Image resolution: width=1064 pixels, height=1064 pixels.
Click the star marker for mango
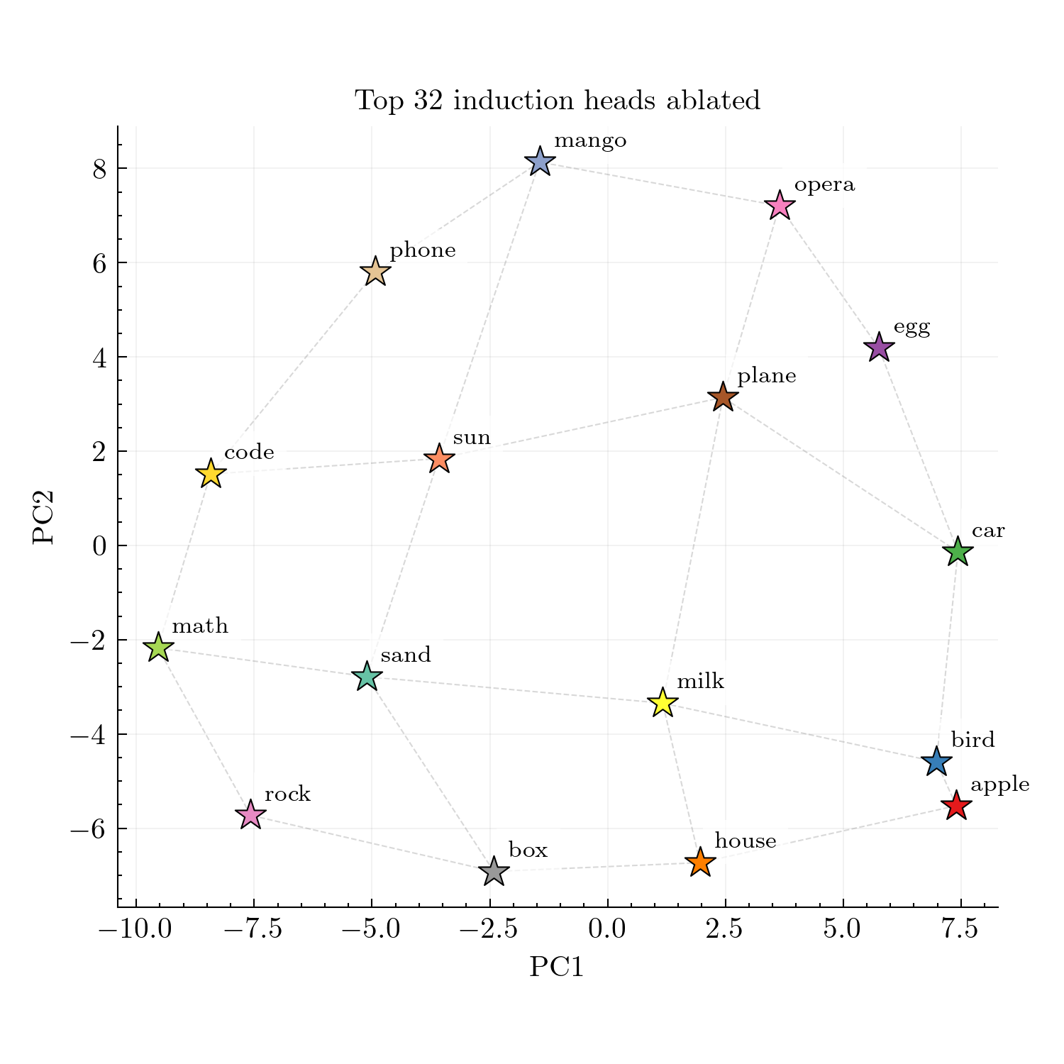click(x=540, y=162)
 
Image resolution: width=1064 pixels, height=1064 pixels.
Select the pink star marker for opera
click(x=780, y=206)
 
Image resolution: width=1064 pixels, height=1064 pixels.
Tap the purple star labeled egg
click(x=879, y=348)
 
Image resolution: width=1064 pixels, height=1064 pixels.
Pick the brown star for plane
click(x=723, y=397)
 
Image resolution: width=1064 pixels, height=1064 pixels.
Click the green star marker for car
click(x=958, y=552)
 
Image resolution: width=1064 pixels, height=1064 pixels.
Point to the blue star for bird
click(x=936, y=762)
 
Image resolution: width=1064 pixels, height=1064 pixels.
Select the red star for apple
click(x=956, y=806)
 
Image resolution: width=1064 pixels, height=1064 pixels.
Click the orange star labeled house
click(x=700, y=863)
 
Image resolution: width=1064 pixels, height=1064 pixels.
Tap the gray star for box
click(x=494, y=871)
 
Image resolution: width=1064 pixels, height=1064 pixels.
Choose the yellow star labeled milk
click(x=663, y=703)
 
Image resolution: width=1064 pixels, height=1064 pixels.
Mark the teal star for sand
click(x=367, y=677)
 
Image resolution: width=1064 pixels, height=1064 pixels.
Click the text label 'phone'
click(x=423, y=250)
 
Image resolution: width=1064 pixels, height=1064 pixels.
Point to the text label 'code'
click(x=249, y=453)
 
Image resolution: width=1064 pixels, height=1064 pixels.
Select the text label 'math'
click(x=200, y=626)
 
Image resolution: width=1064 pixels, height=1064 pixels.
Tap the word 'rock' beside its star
click(x=287, y=794)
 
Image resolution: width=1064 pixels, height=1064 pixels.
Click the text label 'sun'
click(x=472, y=438)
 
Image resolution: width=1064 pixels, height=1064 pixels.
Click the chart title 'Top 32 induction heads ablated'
click(x=558, y=100)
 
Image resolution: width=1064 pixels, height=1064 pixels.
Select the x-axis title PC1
click(x=557, y=967)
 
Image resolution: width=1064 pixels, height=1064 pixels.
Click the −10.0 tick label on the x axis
click(x=135, y=929)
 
